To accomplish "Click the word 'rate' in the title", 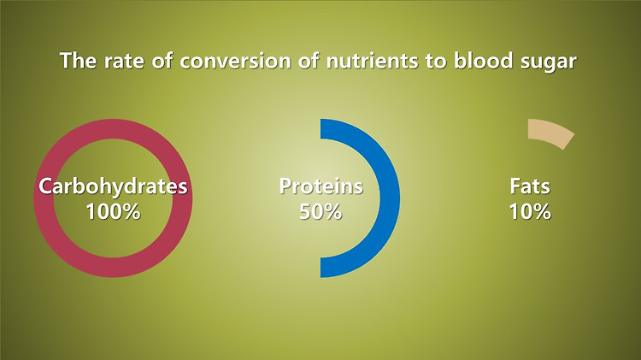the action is click(124, 61).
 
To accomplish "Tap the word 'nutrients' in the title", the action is click(372, 61).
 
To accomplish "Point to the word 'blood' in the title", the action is click(483, 60).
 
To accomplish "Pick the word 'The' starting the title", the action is click(79, 60).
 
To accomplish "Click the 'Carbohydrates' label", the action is click(113, 186).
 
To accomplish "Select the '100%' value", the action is click(113, 211).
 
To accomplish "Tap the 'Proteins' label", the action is click(320, 186).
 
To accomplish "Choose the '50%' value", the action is click(320, 211).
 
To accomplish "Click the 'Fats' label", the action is click(530, 186).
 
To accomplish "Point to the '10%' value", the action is click(530, 211).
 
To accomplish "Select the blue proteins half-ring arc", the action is click(390, 198).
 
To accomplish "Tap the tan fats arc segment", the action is click(552, 131).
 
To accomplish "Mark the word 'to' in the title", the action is click(436, 61).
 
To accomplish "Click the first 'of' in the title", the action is click(162, 60).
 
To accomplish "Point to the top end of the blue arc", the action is click(320, 129).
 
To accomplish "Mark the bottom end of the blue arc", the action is click(320, 268).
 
